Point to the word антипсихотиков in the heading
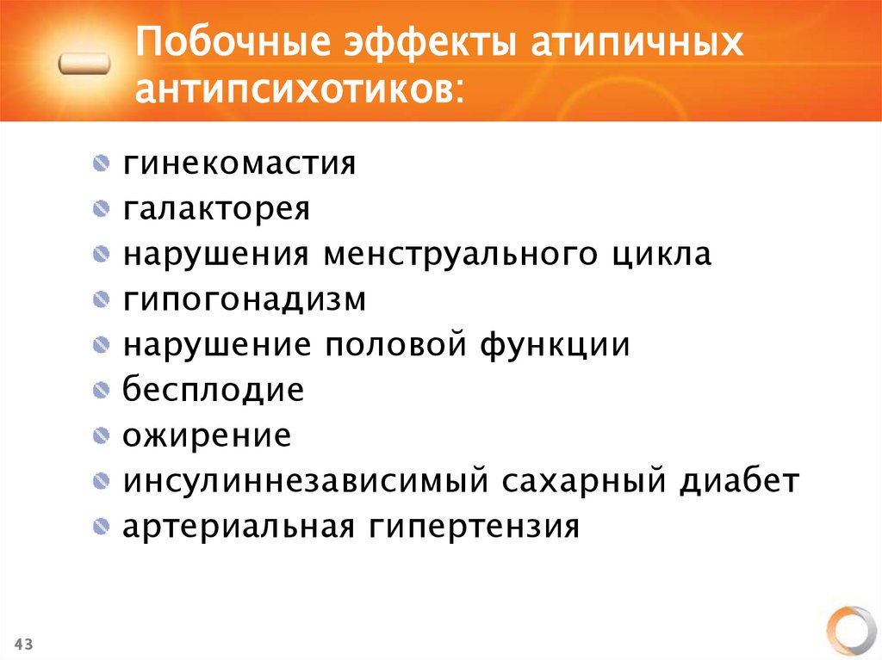297,89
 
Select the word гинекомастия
239,163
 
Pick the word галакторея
215,208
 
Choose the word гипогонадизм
244,299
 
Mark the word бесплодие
213,390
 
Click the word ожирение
207,435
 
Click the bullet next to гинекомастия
102,163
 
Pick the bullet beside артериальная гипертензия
102,526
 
